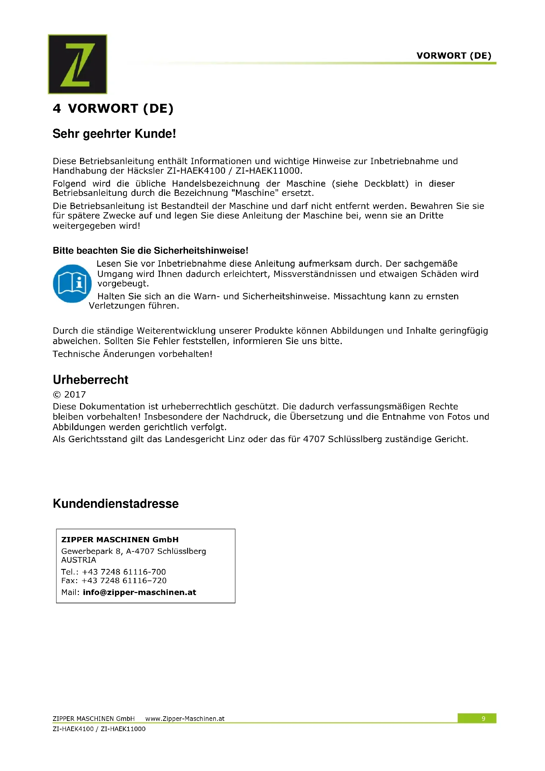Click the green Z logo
[77, 64]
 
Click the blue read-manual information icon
[72, 283]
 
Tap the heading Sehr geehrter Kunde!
[114, 133]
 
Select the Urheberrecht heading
[91, 380]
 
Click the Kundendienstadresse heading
[116, 504]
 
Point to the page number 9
[483, 719]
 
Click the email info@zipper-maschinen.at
[139, 592]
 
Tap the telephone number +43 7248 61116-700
[124, 572]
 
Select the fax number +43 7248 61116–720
[124, 580]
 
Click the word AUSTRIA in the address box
[78, 560]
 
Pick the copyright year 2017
[75, 395]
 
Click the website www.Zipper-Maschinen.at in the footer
[185, 719]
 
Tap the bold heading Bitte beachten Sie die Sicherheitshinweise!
[150, 251]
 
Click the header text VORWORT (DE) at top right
[454, 56]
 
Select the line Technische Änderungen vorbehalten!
[132, 354]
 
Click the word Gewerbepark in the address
[87, 551]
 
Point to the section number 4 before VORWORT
[57, 108]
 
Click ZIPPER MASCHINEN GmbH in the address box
[120, 540]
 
